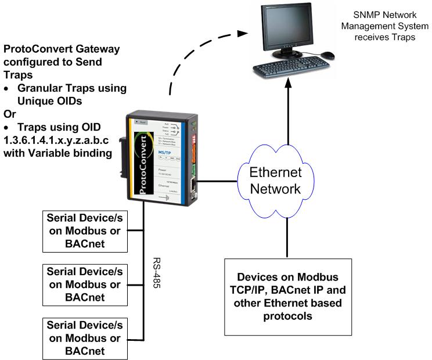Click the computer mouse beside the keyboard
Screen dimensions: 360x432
[328, 55]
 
